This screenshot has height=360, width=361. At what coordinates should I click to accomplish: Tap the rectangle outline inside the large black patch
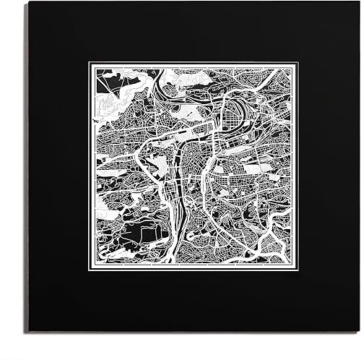tap(148, 233)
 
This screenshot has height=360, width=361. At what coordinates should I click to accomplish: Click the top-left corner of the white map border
tap(90, 63)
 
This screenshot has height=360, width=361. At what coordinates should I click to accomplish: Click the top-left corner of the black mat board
tap(29, 2)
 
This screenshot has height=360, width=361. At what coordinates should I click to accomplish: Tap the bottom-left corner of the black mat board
tap(29, 332)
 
